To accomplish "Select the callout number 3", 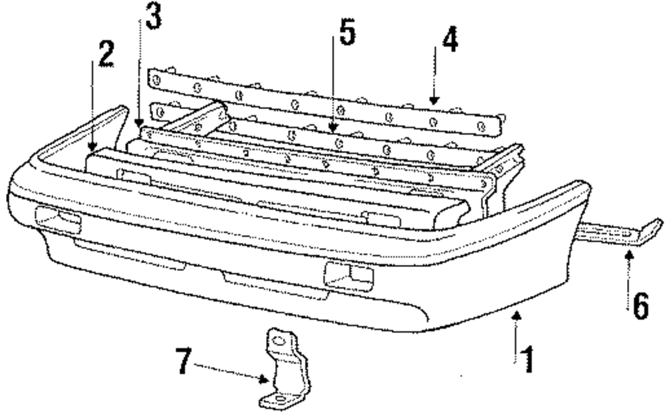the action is tap(153, 19).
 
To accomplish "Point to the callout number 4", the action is tap(450, 41).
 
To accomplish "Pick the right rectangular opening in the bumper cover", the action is tap(346, 273).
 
